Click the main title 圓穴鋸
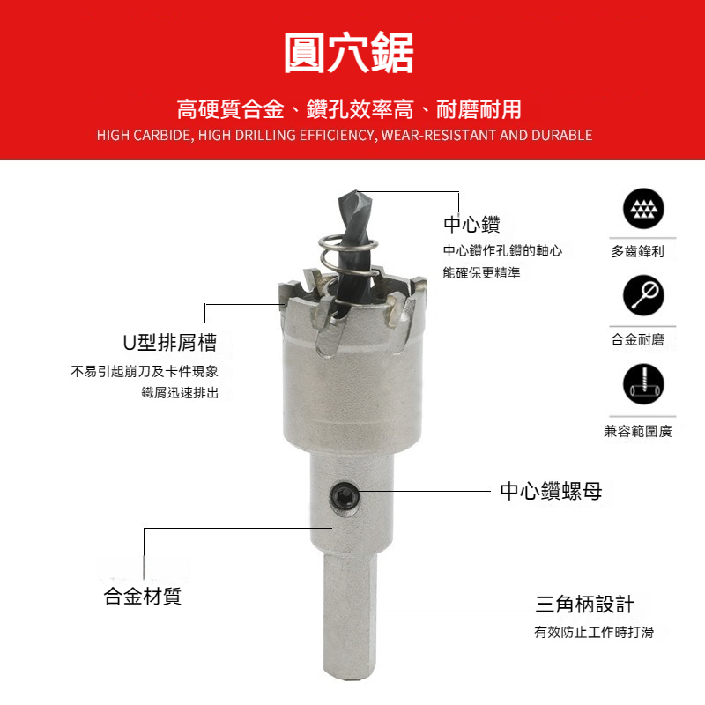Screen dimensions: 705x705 pos(349,53)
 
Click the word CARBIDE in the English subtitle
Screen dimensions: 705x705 pos(163,136)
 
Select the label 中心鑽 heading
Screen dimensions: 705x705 pos(471,224)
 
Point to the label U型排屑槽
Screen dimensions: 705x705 pos(170,343)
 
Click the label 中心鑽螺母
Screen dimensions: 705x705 pos(551,491)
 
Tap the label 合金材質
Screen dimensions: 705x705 pos(143,597)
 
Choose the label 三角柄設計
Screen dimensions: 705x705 pos(584,604)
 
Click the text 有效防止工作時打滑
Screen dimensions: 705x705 pos(594,632)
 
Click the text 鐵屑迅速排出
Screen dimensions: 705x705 pos(180,392)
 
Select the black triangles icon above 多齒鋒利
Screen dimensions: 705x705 pos(643,209)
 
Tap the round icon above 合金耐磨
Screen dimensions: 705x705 pos(643,295)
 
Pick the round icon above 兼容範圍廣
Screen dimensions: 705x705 pos(643,384)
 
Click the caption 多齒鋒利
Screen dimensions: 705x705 pos(637,251)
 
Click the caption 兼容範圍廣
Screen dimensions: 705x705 pos(638,431)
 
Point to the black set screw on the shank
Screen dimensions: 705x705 pos(345,496)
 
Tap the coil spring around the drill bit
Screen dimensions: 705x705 pos(348,257)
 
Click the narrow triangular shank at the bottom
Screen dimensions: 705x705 pos(350,616)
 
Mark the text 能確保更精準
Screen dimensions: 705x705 pos(481,272)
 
